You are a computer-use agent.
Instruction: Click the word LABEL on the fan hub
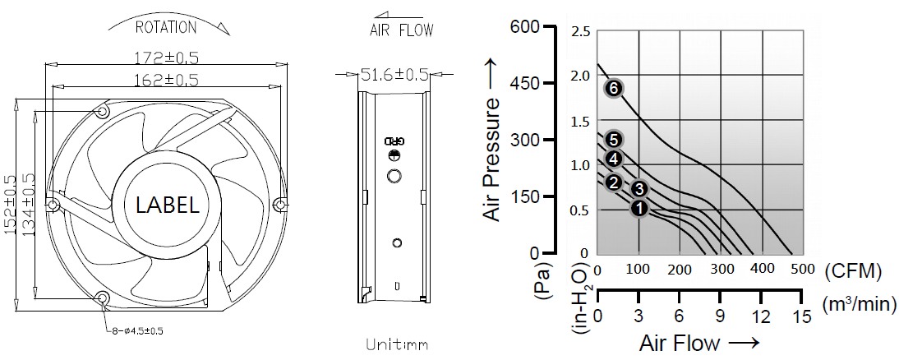pos(168,205)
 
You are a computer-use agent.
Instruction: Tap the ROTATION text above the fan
pos(166,27)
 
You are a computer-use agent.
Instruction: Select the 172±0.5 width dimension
pos(167,58)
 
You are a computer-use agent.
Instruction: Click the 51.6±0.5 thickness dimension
pos(394,74)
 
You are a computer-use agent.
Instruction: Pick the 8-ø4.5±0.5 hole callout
pos(136,330)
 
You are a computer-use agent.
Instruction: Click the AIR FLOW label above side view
pos(401,30)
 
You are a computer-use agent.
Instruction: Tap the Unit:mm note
pos(397,344)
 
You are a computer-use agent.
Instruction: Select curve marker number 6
pos(614,88)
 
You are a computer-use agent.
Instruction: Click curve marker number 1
pos(640,209)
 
